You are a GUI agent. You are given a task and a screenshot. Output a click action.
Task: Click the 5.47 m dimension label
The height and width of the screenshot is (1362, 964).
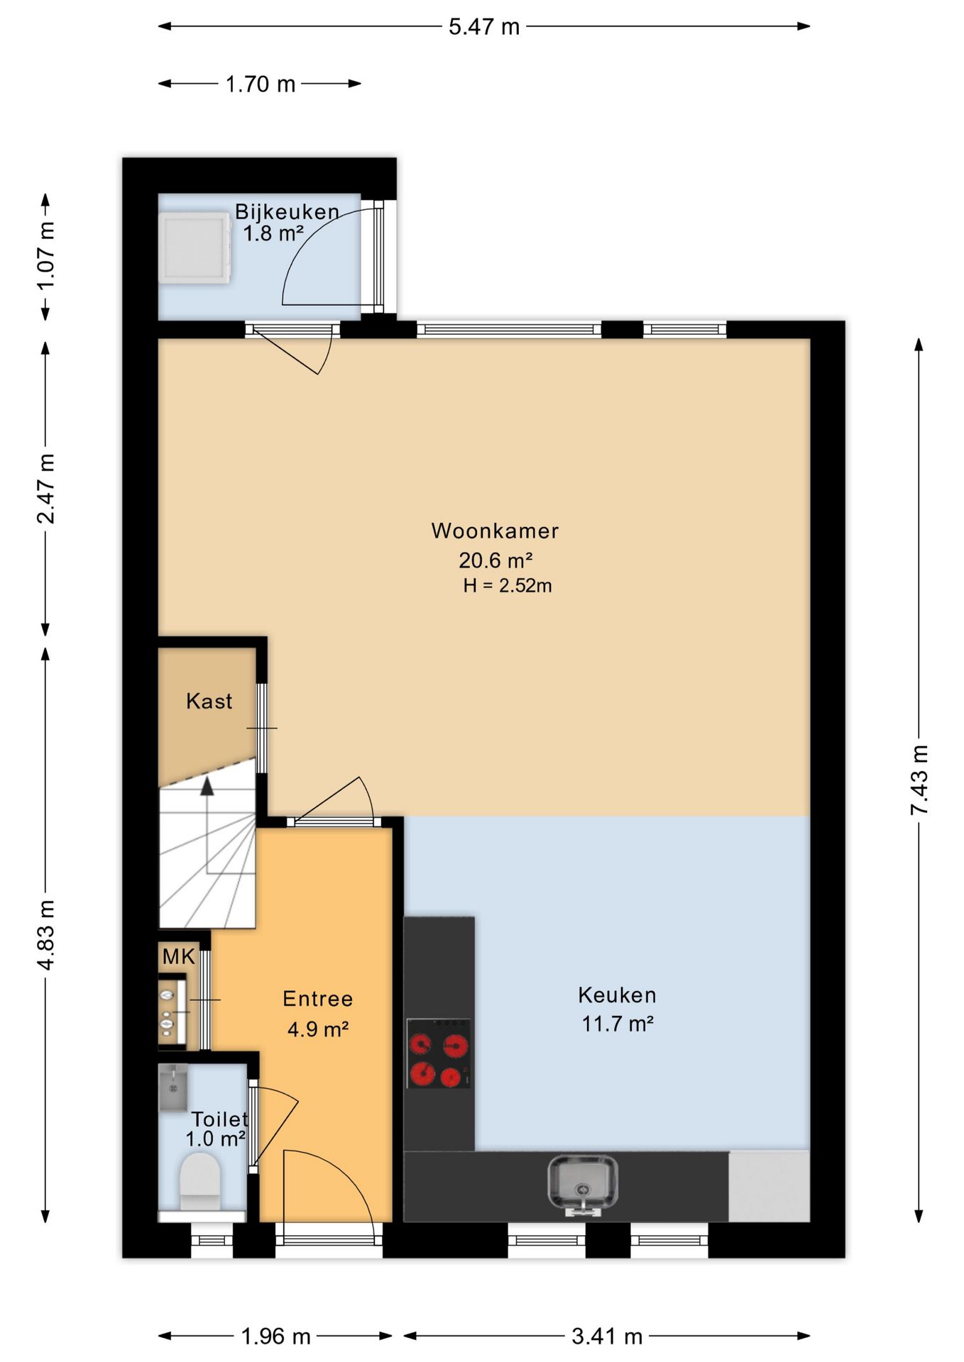click(x=484, y=27)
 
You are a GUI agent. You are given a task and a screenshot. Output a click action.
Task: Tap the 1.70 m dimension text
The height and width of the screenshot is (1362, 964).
click(x=260, y=84)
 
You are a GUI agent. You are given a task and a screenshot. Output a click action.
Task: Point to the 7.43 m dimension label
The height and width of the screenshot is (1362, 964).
click(x=919, y=780)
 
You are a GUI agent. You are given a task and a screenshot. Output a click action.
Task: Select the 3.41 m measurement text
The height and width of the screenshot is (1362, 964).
click(x=607, y=1336)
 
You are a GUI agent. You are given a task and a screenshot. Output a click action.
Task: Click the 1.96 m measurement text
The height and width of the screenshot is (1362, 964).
click(x=275, y=1336)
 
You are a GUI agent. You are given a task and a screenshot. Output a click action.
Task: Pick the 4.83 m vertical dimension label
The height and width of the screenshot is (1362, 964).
click(x=46, y=934)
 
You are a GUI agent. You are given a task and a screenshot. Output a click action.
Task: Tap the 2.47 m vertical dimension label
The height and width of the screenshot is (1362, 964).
click(x=46, y=489)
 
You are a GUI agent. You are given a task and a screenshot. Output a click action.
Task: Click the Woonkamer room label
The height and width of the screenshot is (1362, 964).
click(x=495, y=531)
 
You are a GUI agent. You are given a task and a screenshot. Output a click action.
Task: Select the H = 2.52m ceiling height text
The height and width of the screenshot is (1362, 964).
click(x=507, y=586)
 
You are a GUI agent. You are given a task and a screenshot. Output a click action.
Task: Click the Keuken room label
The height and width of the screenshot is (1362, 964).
click(x=617, y=995)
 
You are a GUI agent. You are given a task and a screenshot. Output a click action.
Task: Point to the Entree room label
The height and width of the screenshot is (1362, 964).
click(x=317, y=999)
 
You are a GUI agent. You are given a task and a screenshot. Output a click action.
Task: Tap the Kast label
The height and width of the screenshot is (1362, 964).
click(x=209, y=701)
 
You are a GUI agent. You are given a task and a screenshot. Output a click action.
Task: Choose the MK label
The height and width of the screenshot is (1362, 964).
click(x=178, y=956)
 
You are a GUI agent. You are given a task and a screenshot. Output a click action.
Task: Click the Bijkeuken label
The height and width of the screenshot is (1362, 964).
click(x=287, y=211)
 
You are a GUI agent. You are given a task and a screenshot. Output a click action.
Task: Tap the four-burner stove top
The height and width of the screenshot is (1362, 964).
click(x=438, y=1053)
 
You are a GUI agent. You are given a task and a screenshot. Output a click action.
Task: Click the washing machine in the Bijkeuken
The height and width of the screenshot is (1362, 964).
click(x=195, y=248)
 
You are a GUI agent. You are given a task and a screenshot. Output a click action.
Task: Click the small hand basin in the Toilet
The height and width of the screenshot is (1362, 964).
click(x=172, y=1087)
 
